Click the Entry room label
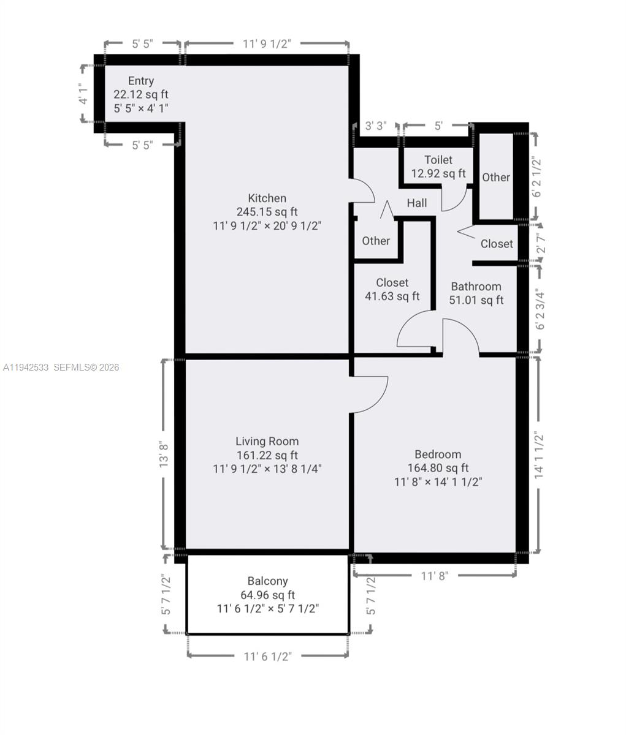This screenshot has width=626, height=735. pyautogui.click(x=141, y=81)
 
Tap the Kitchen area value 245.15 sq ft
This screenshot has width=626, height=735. pyautogui.click(x=267, y=212)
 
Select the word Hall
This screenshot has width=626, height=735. pyautogui.click(x=417, y=203)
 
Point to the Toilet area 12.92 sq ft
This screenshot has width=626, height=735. pyautogui.click(x=438, y=173)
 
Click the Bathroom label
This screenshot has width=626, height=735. pyautogui.click(x=476, y=286)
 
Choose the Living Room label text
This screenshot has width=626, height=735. pyautogui.click(x=267, y=441)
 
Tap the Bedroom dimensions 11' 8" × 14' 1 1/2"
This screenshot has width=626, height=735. pyautogui.click(x=438, y=482)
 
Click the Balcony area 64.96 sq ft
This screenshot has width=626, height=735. pyautogui.click(x=267, y=595)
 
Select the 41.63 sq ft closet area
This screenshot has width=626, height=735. pyautogui.click(x=392, y=296)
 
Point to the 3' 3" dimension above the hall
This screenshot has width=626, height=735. pyautogui.click(x=376, y=126)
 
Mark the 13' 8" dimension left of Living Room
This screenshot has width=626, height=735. pyautogui.click(x=164, y=454)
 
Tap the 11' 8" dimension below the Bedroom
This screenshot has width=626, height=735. pyautogui.click(x=435, y=576)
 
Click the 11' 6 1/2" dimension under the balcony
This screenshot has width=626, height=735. pyautogui.click(x=267, y=657)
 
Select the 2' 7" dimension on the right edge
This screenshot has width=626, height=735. pyautogui.click(x=540, y=243)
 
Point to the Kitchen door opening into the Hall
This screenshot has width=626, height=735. pyautogui.click(x=362, y=190)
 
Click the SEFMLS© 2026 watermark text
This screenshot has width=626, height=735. pyautogui.click(x=86, y=367)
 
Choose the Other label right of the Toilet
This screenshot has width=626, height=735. pyautogui.click(x=495, y=177)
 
